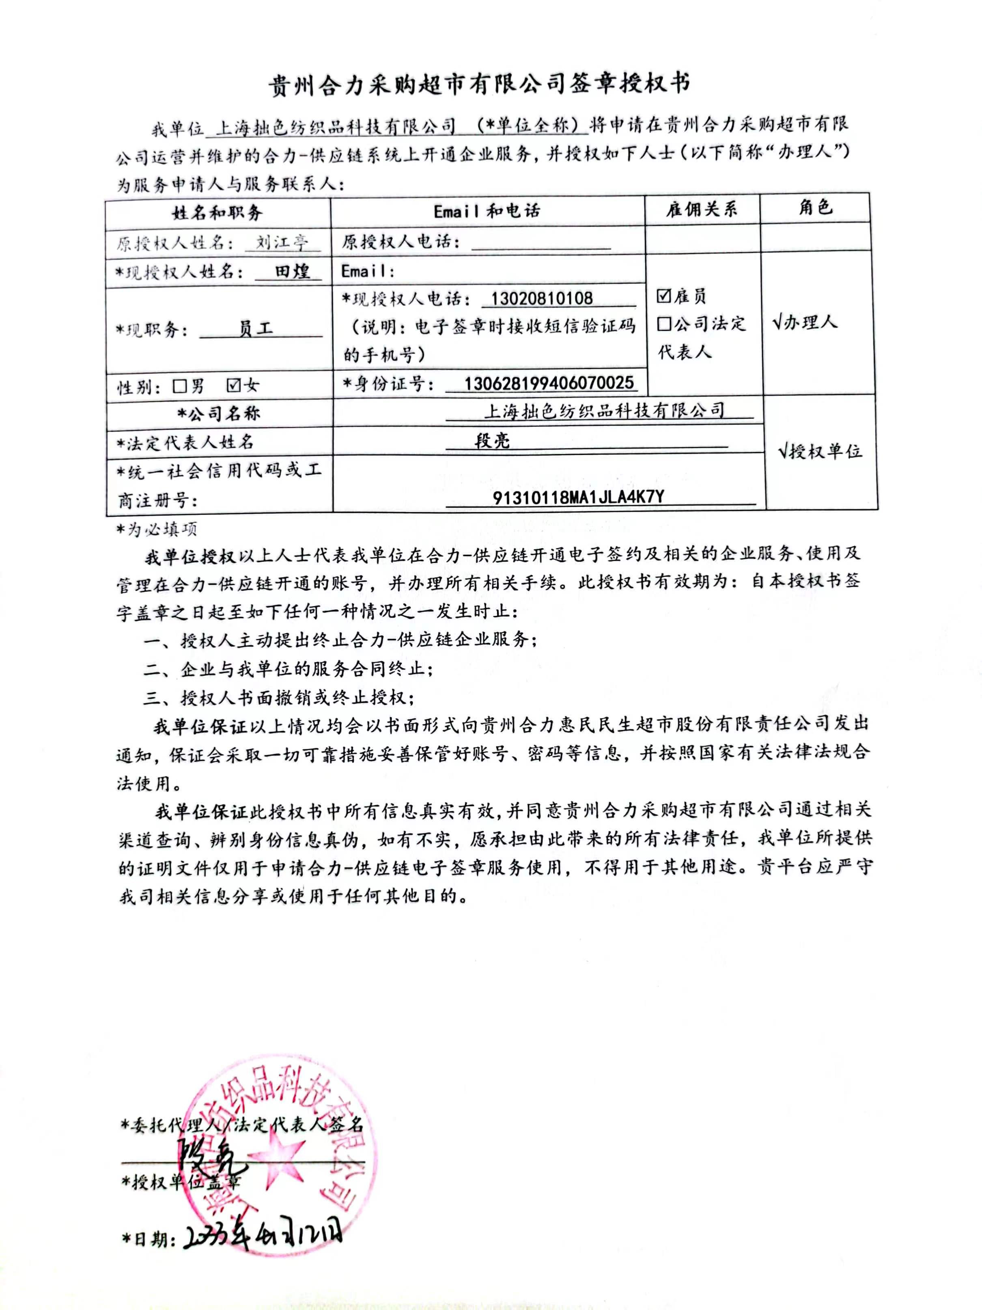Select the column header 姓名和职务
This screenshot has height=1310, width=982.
coord(218,212)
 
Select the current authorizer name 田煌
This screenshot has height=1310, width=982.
coord(293,271)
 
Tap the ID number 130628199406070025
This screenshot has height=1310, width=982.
coord(549,383)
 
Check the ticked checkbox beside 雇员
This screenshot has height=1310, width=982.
coord(664,295)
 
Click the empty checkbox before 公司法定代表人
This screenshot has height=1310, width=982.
coord(664,323)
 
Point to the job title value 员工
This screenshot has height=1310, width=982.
coord(256,328)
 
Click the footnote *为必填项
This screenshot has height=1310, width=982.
coord(156,529)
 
